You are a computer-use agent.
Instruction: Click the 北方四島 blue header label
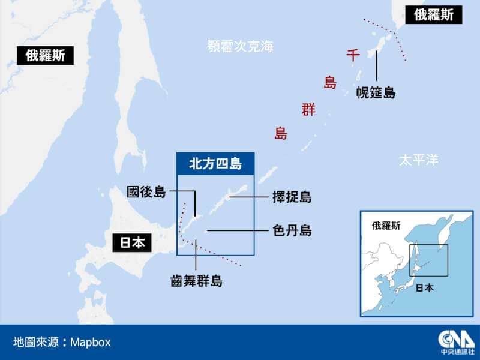coord(215,163)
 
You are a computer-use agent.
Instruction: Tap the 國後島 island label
coord(146,192)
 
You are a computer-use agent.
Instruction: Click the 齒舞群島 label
coord(196,280)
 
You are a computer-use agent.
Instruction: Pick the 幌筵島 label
coord(376,92)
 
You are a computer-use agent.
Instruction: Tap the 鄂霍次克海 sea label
coord(239,46)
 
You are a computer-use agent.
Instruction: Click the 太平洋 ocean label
coord(418,160)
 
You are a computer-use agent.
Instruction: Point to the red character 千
coord(353,56)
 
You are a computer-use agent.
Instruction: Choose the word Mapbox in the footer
coord(91,343)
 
